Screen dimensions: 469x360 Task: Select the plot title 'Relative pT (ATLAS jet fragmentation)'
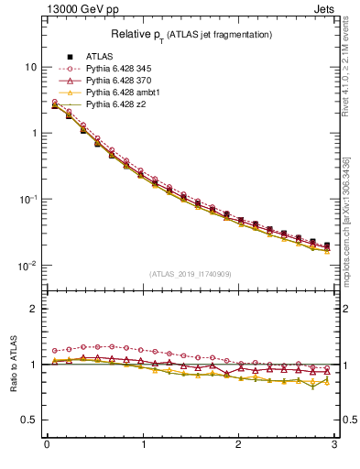pyautogui.click(x=191, y=34)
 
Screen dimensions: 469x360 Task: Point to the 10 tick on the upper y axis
pyautogui.click(x=31, y=68)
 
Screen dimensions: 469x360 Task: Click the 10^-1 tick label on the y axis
pyautogui.click(x=28, y=200)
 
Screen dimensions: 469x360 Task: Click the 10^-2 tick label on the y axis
pyautogui.click(x=28, y=266)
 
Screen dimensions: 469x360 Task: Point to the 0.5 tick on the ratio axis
pyautogui.click(x=30, y=420)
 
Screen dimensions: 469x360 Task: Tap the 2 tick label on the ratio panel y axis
pyautogui.click(x=34, y=309)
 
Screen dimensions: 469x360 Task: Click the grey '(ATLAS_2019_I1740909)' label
pyautogui.click(x=191, y=274)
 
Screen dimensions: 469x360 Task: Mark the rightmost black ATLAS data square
pyautogui.click(x=327, y=245)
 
